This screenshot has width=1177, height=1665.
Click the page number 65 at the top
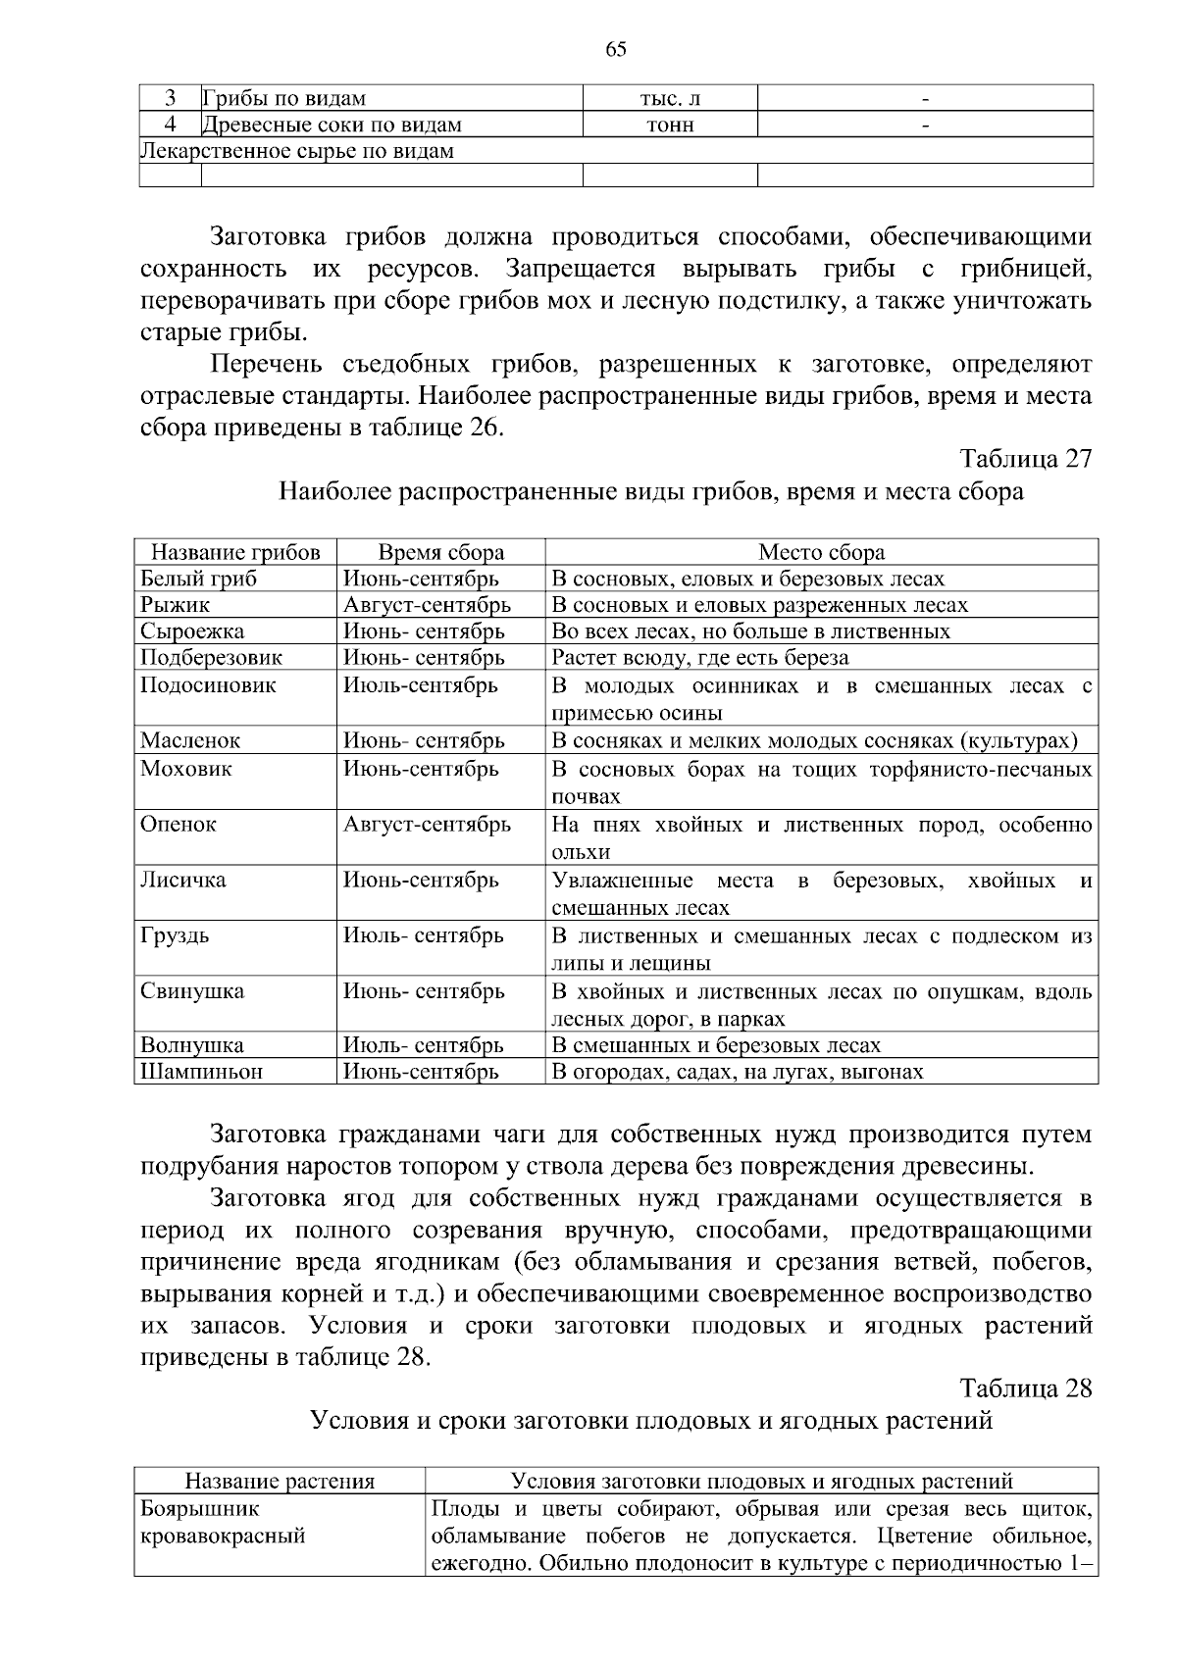point(616,51)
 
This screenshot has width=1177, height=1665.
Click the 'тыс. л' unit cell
point(670,98)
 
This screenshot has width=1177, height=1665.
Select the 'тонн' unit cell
point(670,125)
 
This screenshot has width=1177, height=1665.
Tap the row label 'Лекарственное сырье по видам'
point(298,151)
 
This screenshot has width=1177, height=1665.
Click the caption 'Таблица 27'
point(1026,459)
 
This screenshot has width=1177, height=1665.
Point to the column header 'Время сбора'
point(441,552)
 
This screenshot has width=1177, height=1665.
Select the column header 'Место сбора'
point(821,552)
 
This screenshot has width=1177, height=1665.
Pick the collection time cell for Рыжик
point(427,605)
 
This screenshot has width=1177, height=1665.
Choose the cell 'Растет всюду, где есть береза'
point(700,657)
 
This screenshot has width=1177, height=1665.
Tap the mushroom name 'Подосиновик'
point(208,684)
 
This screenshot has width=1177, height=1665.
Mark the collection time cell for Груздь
point(424,935)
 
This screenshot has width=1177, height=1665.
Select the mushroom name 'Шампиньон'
point(202,1072)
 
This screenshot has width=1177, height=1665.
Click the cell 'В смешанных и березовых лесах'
point(716,1045)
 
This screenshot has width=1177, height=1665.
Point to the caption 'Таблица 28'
point(1026,1388)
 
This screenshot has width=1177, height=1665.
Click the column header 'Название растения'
point(281,1482)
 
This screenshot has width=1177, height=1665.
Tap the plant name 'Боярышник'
point(201,1508)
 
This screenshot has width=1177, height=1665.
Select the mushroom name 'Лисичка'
point(183,880)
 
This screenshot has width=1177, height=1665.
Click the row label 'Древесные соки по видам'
point(332,125)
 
